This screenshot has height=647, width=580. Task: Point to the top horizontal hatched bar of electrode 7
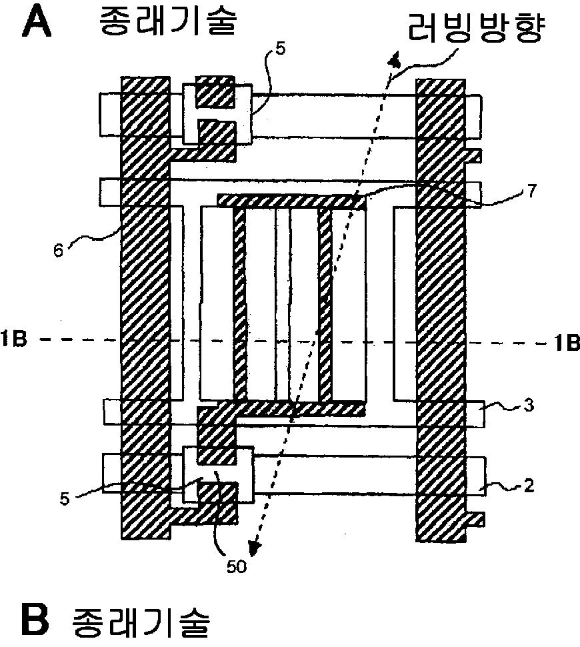(x=291, y=201)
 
